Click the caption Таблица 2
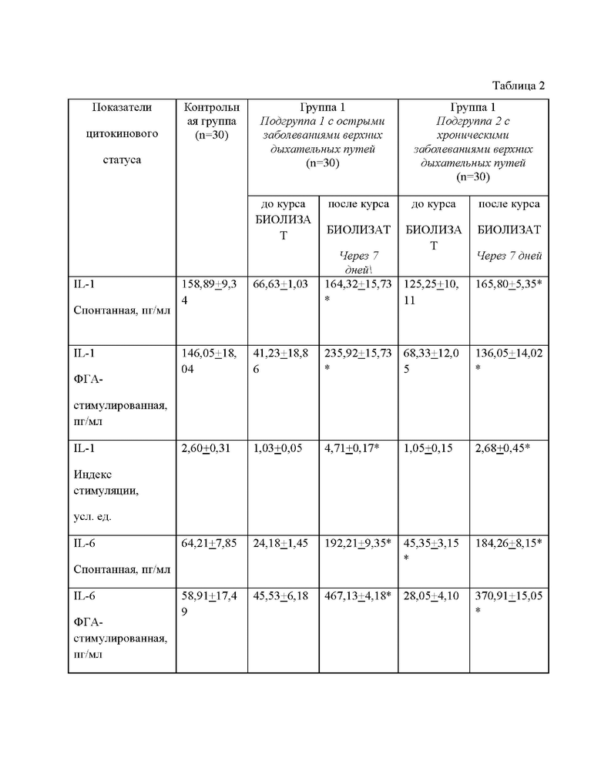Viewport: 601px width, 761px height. (x=518, y=85)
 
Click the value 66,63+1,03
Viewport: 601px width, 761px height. (x=281, y=285)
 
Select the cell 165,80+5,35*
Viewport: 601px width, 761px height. (x=509, y=285)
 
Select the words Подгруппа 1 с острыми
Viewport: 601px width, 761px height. (x=322, y=121)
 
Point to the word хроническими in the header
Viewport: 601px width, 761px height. (x=474, y=135)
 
